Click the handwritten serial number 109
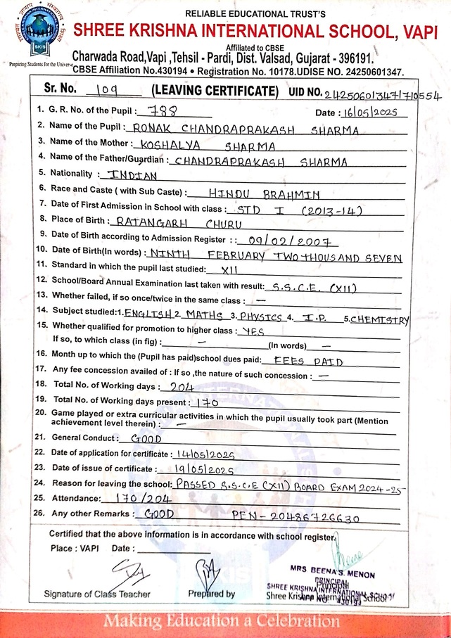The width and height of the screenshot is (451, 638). [103, 91]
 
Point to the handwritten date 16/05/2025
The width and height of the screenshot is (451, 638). [373, 113]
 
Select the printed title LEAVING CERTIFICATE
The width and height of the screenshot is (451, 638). [211, 92]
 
